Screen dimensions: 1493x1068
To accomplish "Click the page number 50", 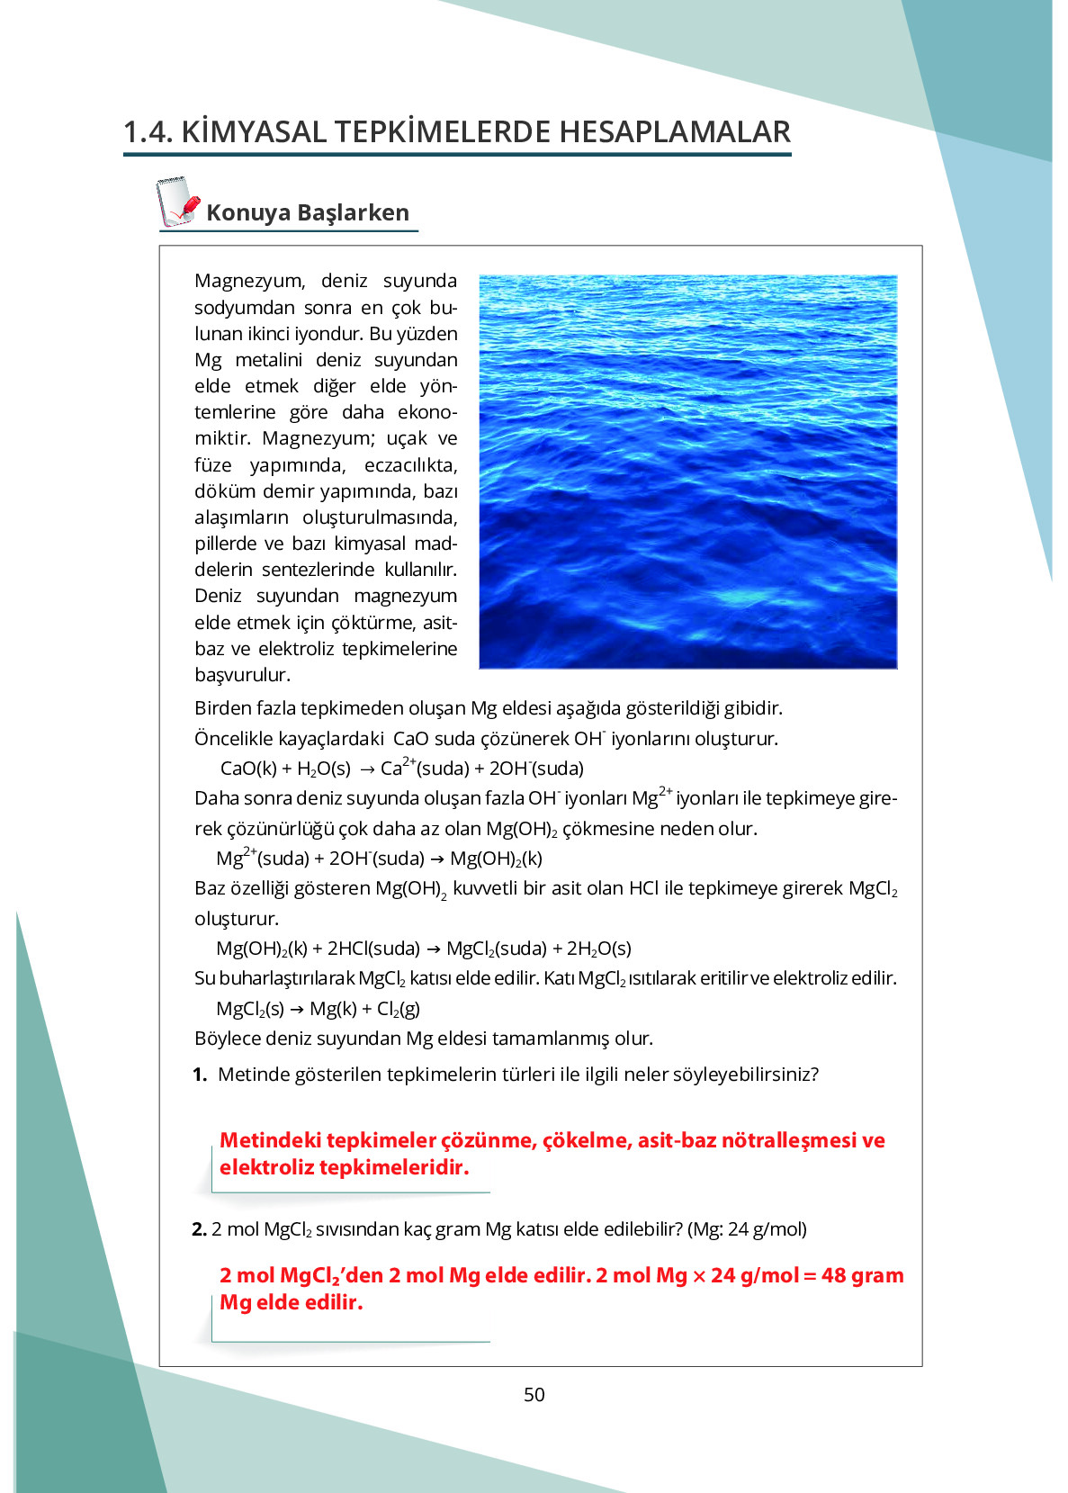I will tap(534, 1394).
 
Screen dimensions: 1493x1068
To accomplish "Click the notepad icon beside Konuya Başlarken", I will tap(177, 202).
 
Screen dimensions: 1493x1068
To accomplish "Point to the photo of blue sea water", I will tap(687, 472).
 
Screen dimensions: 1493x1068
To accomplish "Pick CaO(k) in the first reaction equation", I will tap(248, 769).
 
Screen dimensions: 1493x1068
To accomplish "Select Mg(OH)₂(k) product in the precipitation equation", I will tap(496, 859).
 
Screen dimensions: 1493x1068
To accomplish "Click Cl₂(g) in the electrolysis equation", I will tap(398, 1009).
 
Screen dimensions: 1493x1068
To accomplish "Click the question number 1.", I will tap(200, 1075).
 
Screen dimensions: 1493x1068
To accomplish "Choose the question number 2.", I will tap(199, 1229).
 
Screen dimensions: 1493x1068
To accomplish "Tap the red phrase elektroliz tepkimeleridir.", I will tap(344, 1167).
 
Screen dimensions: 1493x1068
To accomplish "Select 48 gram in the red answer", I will tap(862, 1275).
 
